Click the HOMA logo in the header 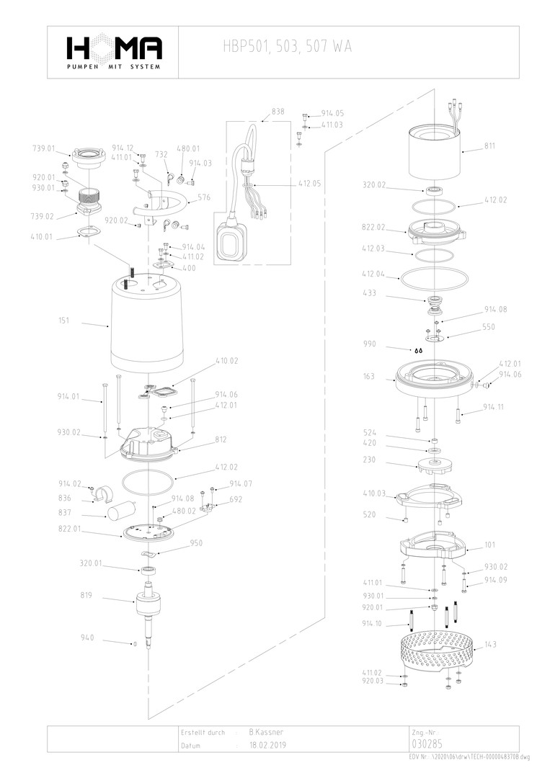(113, 50)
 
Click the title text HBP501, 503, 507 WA (288, 47)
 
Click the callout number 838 (278, 112)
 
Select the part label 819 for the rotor (87, 596)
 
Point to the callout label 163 (369, 376)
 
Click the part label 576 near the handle (204, 197)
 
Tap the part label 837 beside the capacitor (64, 513)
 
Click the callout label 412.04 (373, 274)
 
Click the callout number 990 (371, 344)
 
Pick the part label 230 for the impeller (369, 459)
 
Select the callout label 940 (87, 638)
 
